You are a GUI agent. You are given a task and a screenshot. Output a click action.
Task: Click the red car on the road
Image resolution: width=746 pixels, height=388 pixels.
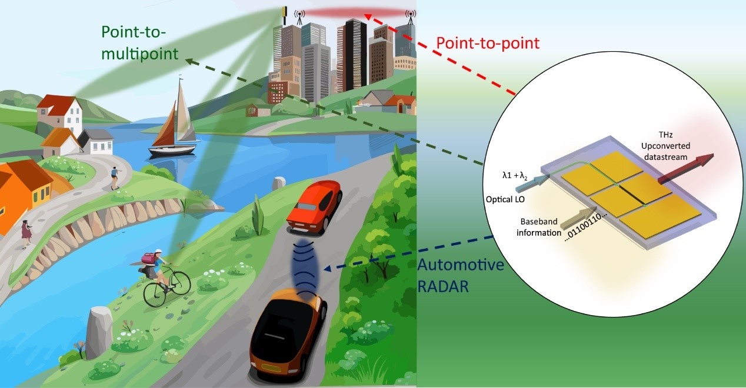click(315, 208)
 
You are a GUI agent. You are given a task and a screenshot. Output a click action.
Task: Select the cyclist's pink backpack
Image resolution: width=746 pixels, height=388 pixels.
click(150, 259)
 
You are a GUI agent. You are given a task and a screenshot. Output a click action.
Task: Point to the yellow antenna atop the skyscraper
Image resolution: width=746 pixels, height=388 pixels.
click(284, 15)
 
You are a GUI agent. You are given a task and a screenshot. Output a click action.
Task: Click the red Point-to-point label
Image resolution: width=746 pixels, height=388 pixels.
click(488, 44)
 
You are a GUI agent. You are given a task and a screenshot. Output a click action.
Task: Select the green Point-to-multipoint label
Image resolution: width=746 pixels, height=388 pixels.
click(139, 43)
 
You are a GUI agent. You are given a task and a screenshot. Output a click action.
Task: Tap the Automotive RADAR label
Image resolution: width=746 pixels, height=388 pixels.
click(460, 275)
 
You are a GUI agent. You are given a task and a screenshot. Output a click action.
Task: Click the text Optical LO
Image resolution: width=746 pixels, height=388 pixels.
click(505, 199)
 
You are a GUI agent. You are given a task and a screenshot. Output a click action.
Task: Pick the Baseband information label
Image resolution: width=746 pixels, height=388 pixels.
click(538, 227)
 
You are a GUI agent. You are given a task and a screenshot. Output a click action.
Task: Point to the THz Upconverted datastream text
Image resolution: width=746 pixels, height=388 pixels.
click(665, 146)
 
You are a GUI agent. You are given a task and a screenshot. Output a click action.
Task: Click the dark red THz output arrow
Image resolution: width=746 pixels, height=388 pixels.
click(686, 168)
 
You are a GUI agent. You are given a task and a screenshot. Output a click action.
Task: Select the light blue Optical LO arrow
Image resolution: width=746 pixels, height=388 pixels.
click(531, 183)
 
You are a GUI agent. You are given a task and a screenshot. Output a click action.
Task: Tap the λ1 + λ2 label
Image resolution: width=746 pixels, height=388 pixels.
click(515, 175)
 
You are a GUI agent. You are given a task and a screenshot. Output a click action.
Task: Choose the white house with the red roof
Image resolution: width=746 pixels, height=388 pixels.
click(60, 115)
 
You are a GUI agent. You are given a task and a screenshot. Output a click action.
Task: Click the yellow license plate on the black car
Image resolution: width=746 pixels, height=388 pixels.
click(271, 367)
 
